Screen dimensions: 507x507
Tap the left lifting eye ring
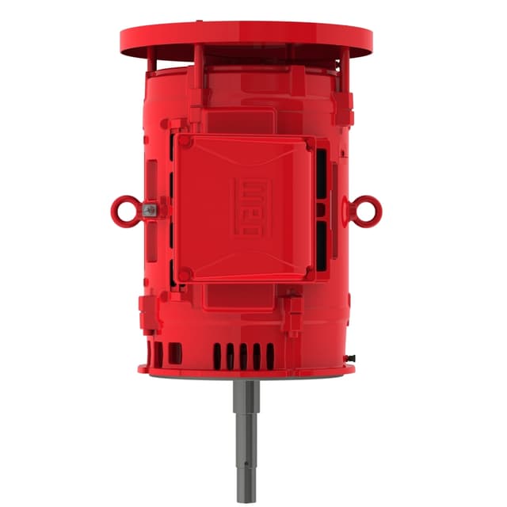coord(124,211)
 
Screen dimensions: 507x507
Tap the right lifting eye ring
coord(368,210)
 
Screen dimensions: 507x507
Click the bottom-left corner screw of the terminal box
coord(186,274)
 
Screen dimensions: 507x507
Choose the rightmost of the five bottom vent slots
coord(269,354)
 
